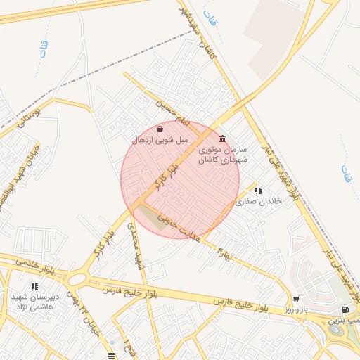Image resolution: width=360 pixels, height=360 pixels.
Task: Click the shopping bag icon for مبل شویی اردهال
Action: [161, 129]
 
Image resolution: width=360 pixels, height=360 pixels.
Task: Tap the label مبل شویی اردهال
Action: [161, 140]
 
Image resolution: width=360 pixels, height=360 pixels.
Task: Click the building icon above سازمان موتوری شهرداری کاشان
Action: [223, 138]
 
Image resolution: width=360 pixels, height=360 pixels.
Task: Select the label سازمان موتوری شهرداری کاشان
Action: [224, 155]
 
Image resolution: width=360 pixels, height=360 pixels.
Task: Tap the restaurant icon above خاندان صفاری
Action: [258, 190]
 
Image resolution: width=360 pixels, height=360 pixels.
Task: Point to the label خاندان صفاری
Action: [258, 201]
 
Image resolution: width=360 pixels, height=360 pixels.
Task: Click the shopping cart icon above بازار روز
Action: [296, 299]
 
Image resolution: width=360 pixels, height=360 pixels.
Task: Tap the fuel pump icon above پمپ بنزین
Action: [345, 309]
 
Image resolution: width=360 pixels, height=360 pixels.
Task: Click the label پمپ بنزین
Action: [347, 321]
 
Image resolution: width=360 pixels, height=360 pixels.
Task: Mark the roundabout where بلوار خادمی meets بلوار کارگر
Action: [78, 279]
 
